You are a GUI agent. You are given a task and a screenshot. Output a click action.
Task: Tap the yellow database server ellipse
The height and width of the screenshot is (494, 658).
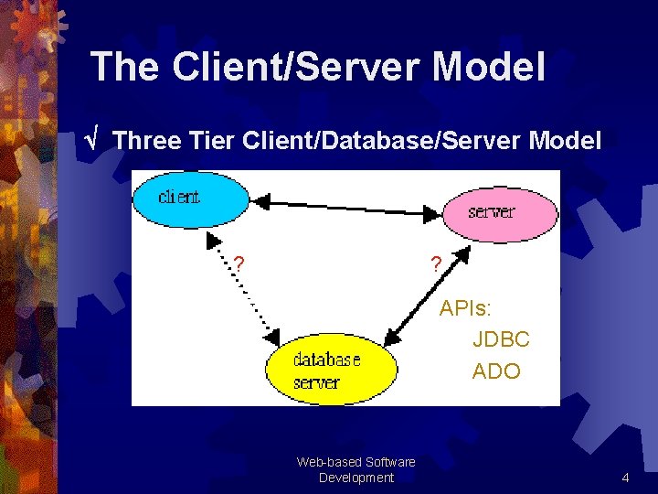click(332, 370)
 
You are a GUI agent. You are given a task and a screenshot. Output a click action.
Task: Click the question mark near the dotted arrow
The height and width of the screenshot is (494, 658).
click(239, 263)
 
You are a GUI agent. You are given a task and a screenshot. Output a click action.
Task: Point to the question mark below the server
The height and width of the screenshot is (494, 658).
click(436, 264)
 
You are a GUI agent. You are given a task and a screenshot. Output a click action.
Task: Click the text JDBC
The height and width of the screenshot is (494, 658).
click(501, 339)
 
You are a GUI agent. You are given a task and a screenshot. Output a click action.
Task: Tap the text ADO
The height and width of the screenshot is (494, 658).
click(496, 371)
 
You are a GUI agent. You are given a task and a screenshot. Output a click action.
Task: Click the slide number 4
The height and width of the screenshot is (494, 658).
click(625, 478)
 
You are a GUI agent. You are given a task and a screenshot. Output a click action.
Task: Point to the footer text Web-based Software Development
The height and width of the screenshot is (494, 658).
click(356, 469)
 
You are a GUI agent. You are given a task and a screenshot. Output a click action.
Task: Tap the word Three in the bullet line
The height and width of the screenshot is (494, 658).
click(149, 141)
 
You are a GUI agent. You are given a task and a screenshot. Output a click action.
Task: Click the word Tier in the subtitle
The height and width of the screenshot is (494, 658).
click(214, 141)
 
